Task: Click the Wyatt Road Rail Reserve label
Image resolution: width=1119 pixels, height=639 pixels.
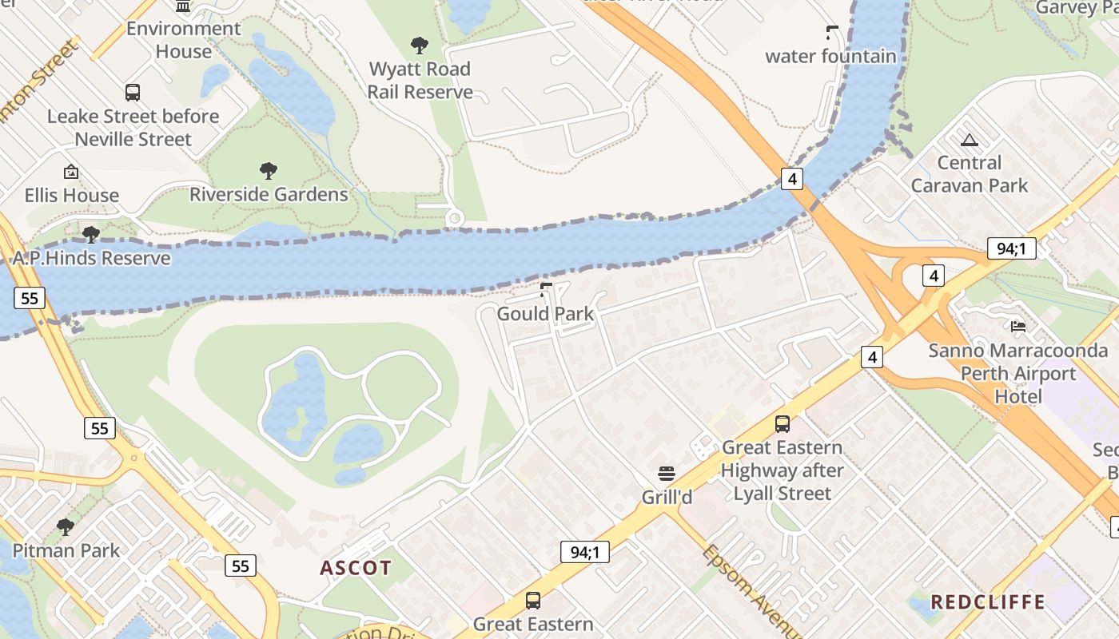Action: click(420, 81)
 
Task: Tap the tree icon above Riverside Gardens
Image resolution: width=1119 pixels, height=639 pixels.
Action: click(269, 170)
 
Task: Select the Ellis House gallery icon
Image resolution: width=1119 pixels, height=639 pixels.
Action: click(71, 172)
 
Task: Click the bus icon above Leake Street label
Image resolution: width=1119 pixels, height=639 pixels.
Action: click(133, 93)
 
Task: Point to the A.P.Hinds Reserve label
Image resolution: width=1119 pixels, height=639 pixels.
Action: click(91, 259)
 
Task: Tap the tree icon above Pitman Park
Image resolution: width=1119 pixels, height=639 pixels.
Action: click(66, 527)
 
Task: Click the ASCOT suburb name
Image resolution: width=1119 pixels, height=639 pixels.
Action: click(356, 568)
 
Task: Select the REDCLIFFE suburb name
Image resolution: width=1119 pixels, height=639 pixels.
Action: click(988, 601)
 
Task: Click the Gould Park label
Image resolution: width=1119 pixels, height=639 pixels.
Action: click(545, 314)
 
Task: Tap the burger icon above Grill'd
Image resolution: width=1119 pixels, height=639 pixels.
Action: click(667, 473)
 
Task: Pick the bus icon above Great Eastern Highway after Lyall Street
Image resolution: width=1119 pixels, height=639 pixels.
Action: click(783, 424)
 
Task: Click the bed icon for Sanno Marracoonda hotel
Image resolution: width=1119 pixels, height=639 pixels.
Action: click(1018, 326)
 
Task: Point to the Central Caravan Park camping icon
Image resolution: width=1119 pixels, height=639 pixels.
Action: click(970, 141)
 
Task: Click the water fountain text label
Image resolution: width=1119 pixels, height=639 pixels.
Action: click(830, 56)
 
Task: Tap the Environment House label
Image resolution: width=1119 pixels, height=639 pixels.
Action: click(183, 40)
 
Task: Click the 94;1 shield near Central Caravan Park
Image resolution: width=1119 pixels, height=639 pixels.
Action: click(1011, 248)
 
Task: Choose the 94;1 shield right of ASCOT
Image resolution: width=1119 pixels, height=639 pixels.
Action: click(585, 551)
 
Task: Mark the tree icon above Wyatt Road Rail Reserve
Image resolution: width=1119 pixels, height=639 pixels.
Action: click(420, 46)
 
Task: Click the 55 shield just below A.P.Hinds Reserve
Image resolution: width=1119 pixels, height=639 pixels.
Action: click(30, 299)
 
